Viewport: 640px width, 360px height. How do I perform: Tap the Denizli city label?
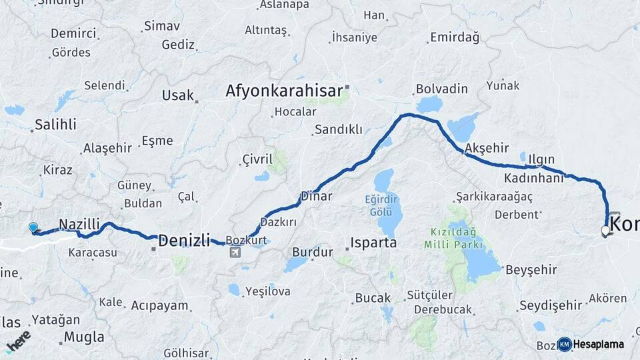tap(184, 240)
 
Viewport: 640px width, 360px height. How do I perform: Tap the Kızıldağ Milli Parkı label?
tap(455, 239)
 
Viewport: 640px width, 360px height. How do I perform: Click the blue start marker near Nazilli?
tap(33, 228)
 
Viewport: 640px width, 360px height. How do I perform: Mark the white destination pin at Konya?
tap(605, 231)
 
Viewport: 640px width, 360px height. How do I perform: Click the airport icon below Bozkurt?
tap(235, 252)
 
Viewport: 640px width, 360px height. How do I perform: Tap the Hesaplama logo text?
tap(599, 344)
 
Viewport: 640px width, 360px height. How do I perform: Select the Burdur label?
tap(312, 253)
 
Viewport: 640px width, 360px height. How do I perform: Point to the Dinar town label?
tap(316, 196)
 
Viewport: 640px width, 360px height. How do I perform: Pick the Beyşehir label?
tap(531, 269)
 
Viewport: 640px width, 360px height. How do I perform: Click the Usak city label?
tap(177, 95)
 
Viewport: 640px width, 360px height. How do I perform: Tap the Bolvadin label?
tap(441, 89)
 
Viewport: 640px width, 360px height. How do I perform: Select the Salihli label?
tap(55, 124)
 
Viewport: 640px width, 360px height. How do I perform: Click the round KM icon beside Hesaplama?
tap(565, 344)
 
